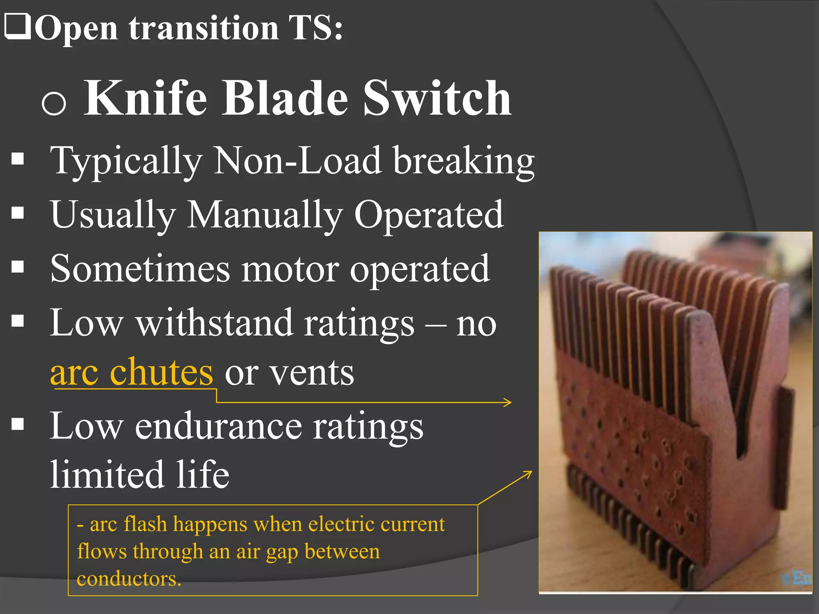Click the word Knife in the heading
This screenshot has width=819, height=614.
pyautogui.click(x=146, y=98)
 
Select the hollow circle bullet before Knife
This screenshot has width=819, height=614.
pyautogui.click(x=54, y=103)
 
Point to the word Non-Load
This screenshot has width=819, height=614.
pyautogui.click(x=298, y=161)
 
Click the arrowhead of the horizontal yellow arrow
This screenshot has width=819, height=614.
pyautogui.click(x=509, y=402)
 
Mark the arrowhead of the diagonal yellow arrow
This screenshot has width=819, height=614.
pyautogui.click(x=529, y=473)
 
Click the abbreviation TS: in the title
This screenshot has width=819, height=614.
pyautogui.click(x=316, y=28)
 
